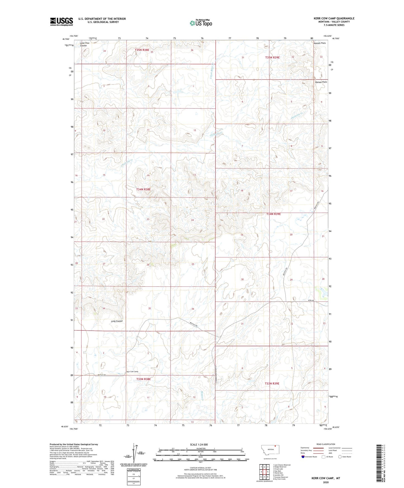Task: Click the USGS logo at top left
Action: click(62, 22)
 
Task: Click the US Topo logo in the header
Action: click(200, 23)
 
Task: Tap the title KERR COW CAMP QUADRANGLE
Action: click(334, 18)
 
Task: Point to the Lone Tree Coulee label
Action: click(84, 44)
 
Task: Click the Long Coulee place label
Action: click(117, 321)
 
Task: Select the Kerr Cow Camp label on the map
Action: click(132, 372)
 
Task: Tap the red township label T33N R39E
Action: click(272, 383)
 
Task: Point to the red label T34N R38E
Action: click(143, 189)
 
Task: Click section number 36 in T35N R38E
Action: click(192, 50)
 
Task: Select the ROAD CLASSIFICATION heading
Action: click(326, 444)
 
